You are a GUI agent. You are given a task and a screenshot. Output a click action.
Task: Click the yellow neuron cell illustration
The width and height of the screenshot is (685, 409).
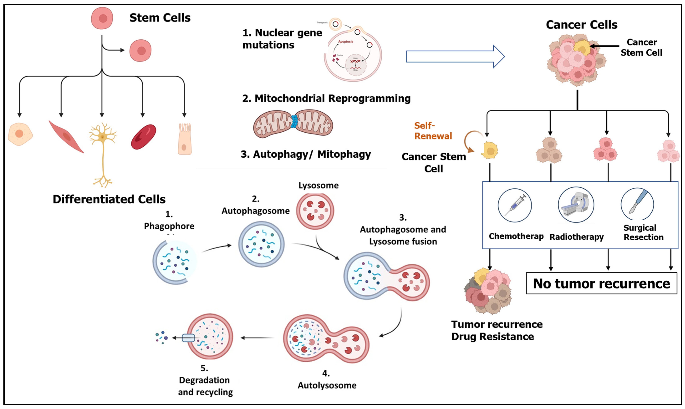pos(102,138)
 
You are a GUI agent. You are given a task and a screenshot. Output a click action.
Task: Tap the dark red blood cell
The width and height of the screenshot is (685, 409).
pos(144,137)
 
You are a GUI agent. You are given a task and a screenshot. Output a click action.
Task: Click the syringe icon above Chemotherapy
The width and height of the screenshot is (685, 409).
pos(515,205)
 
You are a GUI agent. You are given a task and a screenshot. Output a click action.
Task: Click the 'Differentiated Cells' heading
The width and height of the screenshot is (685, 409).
pos(109,199)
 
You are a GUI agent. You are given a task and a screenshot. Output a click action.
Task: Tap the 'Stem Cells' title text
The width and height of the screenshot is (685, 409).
pos(160,18)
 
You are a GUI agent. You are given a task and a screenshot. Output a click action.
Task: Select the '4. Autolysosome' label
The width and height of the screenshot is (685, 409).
pos(327,380)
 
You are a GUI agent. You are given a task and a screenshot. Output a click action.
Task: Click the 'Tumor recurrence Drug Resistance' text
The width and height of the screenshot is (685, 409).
pos(496,330)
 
